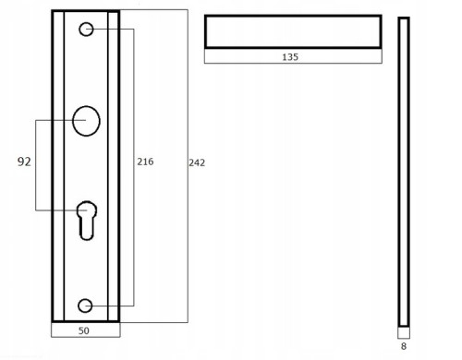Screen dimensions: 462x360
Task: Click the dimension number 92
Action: pyautogui.click(x=24, y=162)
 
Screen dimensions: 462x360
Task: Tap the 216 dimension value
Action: pyautogui.click(x=145, y=162)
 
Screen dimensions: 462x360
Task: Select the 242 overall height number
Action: pyautogui.click(x=197, y=162)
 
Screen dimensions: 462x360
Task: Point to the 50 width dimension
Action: pyautogui.click(x=84, y=330)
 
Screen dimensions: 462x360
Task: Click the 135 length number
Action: pyautogui.click(x=290, y=57)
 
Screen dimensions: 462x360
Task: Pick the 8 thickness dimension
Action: pyautogui.click(x=404, y=346)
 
